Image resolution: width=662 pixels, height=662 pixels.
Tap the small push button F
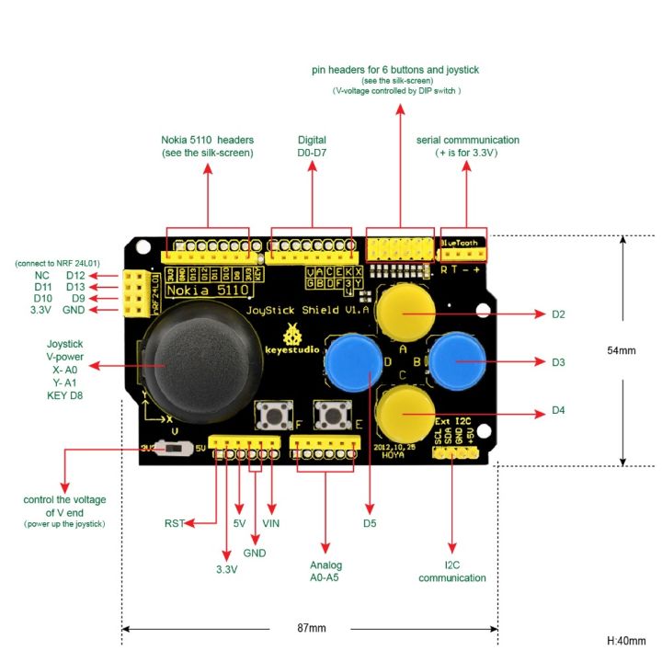(x=274, y=416)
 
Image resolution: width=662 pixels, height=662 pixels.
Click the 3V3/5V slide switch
(x=167, y=449)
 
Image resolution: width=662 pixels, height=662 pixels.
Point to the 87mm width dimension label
(x=311, y=628)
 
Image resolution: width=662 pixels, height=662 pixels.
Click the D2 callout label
(x=558, y=314)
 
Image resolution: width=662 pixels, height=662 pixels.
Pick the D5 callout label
(x=371, y=524)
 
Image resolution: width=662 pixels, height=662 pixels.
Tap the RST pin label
(x=174, y=524)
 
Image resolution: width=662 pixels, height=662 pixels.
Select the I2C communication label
(x=451, y=571)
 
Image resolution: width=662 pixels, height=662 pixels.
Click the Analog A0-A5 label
(x=325, y=571)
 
